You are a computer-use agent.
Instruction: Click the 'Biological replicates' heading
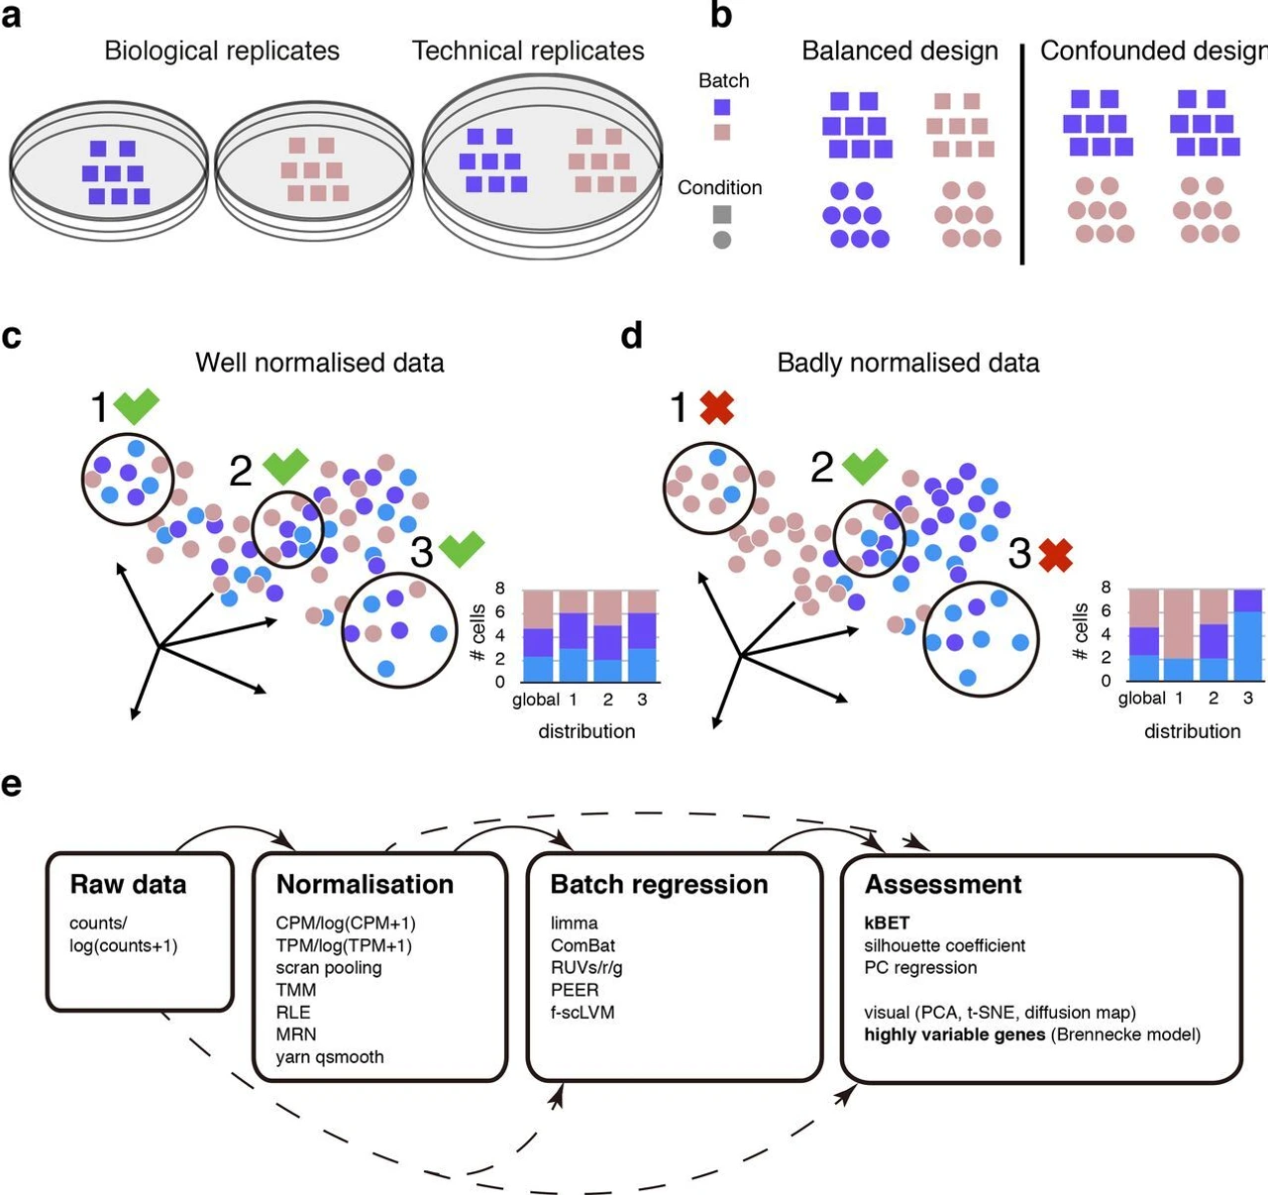pyautogui.click(x=222, y=51)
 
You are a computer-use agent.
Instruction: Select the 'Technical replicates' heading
pyautogui.click(x=528, y=51)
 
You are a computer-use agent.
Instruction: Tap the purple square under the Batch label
pyautogui.click(x=722, y=107)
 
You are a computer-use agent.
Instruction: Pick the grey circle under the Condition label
pyautogui.click(x=722, y=240)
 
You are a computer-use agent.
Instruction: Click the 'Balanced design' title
pyautogui.click(x=899, y=51)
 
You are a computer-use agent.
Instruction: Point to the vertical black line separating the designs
pyautogui.click(x=1021, y=154)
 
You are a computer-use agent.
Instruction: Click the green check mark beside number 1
pyautogui.click(x=136, y=406)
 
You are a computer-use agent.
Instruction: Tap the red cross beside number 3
pyautogui.click(x=1056, y=555)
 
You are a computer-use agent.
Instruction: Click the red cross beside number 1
pyautogui.click(x=716, y=407)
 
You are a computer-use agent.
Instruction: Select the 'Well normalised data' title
pyautogui.click(x=319, y=363)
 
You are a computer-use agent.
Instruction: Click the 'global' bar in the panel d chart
pyautogui.click(x=1143, y=635)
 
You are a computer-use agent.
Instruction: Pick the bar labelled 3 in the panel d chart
pyautogui.click(x=1247, y=635)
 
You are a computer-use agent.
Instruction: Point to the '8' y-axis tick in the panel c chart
pyautogui.click(x=500, y=589)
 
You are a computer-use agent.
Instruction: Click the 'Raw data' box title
pyautogui.click(x=128, y=884)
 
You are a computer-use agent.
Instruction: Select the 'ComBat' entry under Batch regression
pyautogui.click(x=583, y=945)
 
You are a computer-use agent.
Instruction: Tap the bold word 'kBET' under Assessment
pyautogui.click(x=887, y=923)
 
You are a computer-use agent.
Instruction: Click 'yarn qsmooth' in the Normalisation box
pyautogui.click(x=330, y=1056)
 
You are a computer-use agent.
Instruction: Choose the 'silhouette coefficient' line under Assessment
pyautogui.click(x=944, y=945)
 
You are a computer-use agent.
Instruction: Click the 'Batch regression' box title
pyautogui.click(x=659, y=884)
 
